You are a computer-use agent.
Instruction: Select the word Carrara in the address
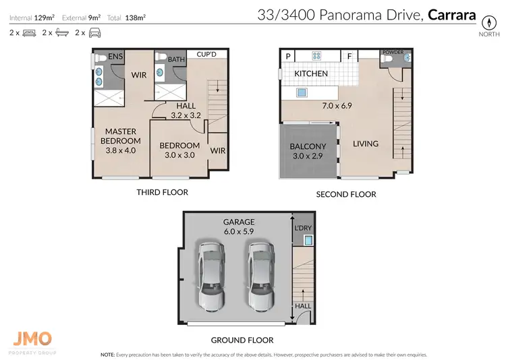[x=451, y=15]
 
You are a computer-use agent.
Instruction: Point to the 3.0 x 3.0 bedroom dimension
[x=179, y=155]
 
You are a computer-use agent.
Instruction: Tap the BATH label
[x=176, y=60]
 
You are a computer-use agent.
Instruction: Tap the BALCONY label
[x=308, y=146]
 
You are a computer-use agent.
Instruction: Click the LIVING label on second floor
[x=364, y=144]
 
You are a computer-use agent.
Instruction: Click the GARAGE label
[x=240, y=221]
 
